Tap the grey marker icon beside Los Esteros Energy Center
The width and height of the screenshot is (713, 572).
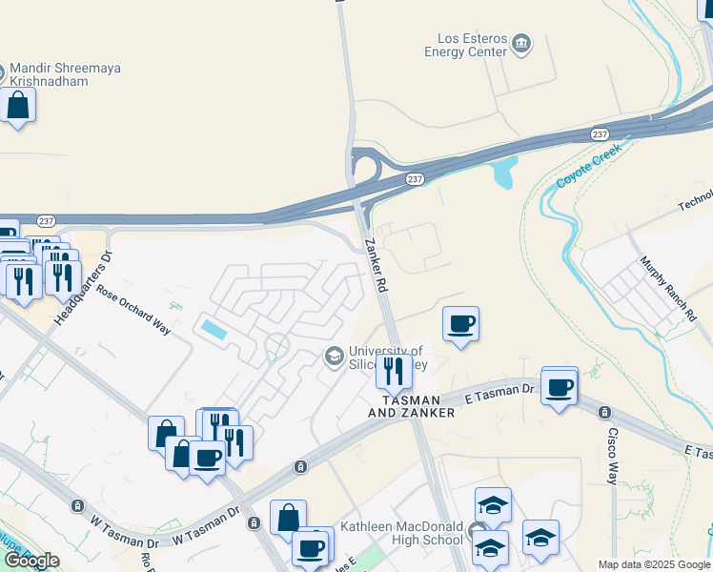pyautogui.click(x=521, y=43)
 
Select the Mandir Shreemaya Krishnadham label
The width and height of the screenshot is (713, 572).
pyautogui.click(x=65, y=75)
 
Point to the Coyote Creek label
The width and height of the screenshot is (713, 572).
pyautogui.click(x=588, y=165)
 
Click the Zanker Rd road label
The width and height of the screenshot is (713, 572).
pyautogui.click(x=377, y=265)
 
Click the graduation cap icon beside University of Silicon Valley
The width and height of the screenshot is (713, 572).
pyautogui.click(x=334, y=357)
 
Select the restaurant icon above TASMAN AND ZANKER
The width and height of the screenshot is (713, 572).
pyautogui.click(x=394, y=370)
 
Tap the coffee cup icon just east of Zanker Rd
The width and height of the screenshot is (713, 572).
pyautogui.click(x=460, y=324)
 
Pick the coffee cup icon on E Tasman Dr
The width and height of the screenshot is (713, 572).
pyautogui.click(x=560, y=387)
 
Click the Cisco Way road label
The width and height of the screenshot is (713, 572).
pyautogui.click(x=613, y=454)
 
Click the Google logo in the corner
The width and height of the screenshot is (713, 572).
pyautogui.click(x=31, y=561)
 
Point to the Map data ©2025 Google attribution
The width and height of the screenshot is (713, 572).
pyautogui.click(x=654, y=564)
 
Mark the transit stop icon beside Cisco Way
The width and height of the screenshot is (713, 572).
pyautogui.click(x=603, y=413)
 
